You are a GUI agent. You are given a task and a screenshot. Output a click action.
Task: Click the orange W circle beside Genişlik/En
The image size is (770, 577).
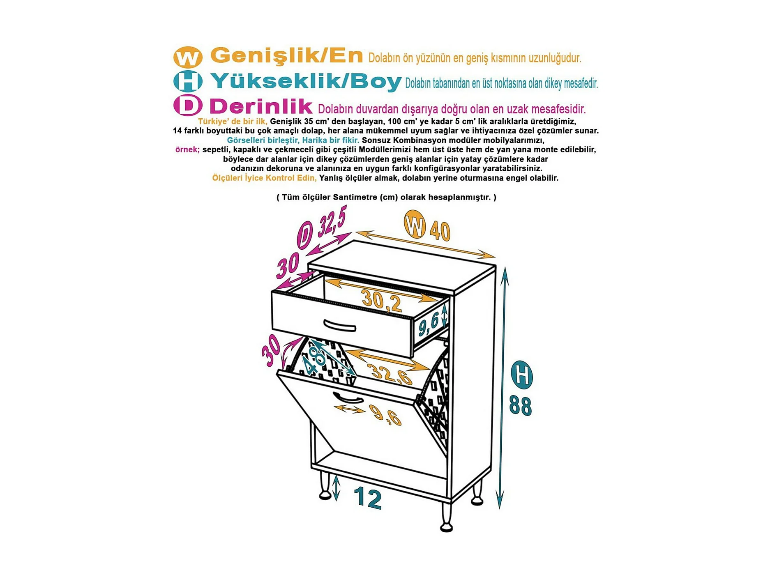coord(188,57)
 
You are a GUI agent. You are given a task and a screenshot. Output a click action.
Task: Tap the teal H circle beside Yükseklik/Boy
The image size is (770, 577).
coord(188,81)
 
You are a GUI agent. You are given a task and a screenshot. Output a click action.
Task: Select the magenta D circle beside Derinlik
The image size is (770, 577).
coord(188,105)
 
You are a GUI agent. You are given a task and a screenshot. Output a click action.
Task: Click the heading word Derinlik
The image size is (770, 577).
coord(261,106)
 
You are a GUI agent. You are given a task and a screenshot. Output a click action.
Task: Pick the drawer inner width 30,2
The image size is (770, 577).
coord(382,300)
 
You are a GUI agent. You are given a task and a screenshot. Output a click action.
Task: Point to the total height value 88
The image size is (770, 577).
coord(520,405)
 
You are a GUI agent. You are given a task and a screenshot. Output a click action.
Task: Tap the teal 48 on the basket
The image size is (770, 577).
coord(315,360)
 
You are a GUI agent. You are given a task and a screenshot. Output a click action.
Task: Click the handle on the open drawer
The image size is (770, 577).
coord(339,326)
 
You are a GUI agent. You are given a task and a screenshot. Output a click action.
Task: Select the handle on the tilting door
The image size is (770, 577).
coord(348,398)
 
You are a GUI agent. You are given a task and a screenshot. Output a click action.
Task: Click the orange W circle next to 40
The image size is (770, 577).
coord(415,224)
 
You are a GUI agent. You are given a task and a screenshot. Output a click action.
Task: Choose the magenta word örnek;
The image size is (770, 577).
coord(187,149)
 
